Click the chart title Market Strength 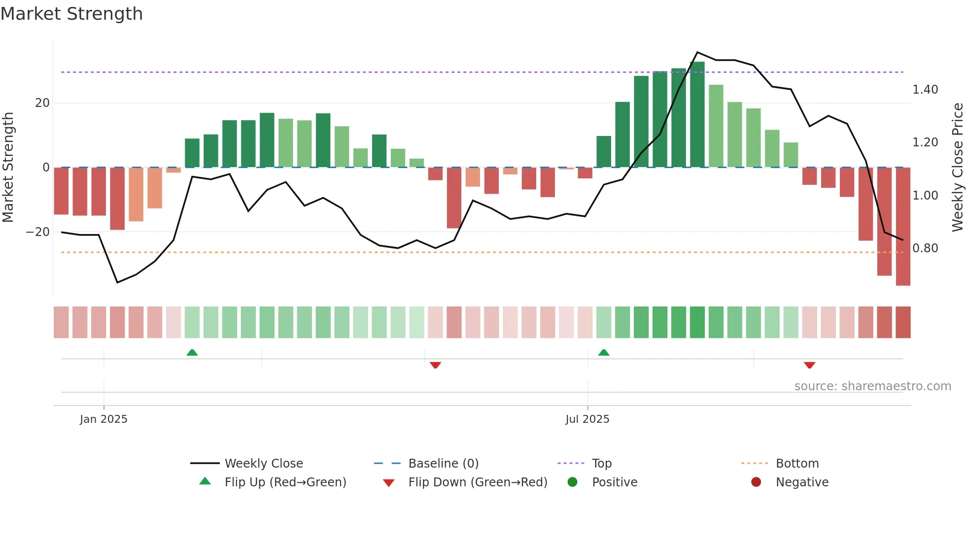[x=71, y=14]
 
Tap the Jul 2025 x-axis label [x=587, y=419]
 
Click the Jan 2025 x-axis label [x=103, y=419]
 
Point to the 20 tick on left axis [x=42, y=103]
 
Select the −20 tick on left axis [x=38, y=232]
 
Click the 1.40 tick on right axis [x=925, y=90]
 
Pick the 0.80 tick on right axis [x=925, y=248]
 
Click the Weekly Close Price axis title [x=957, y=167]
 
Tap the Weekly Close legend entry [x=263, y=464]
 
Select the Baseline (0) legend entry [x=443, y=464]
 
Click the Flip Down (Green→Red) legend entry [x=477, y=482]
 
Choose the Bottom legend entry [x=797, y=464]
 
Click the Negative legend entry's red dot [x=756, y=482]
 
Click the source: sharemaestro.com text [x=872, y=386]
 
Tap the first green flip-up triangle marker [x=192, y=352]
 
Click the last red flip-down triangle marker [x=809, y=365]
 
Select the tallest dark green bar [x=697, y=114]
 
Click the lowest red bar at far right [x=903, y=227]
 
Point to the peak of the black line [x=697, y=52]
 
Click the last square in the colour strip [x=903, y=322]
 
